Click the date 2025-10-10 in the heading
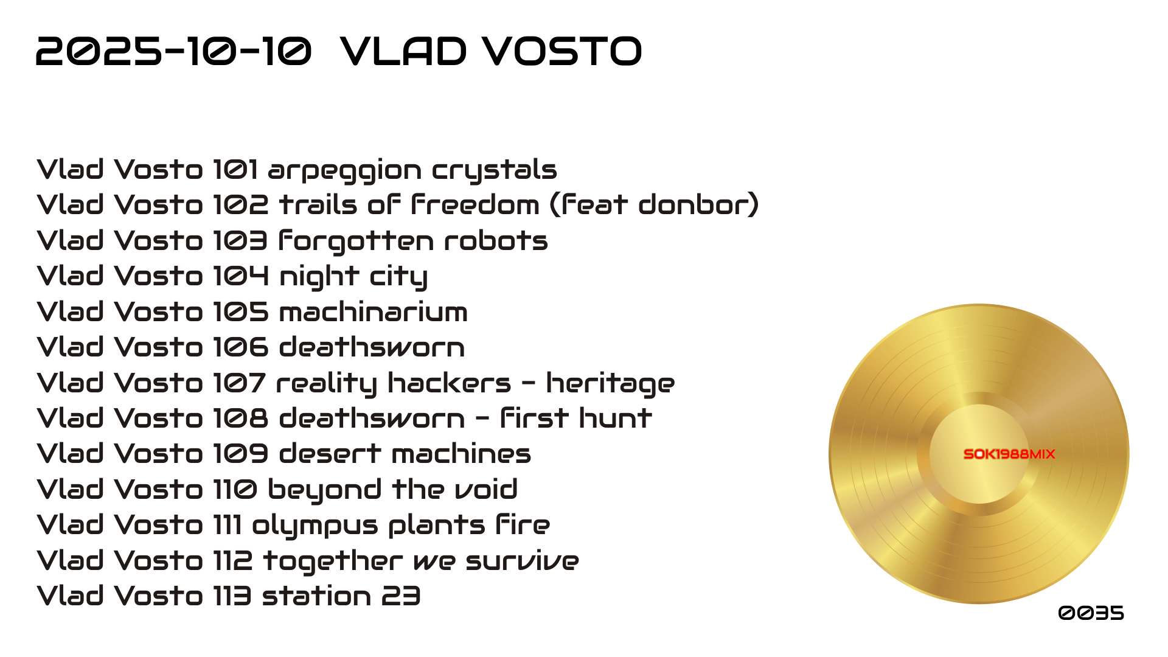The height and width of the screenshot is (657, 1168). coord(174,50)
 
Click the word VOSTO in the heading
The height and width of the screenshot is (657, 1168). coord(563,50)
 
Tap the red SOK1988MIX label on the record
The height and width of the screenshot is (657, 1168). coord(1009,454)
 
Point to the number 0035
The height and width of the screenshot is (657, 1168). coord(1091,613)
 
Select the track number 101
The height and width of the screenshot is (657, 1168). coord(235,169)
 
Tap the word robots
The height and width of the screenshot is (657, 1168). coord(496,241)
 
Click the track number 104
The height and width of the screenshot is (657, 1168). coord(241,276)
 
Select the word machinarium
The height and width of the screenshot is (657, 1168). coord(374,311)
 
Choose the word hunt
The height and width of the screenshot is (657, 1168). coord(615,418)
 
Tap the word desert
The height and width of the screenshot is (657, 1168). coord(330,453)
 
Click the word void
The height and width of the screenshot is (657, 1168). coord(487,488)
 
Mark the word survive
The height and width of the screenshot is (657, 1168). coord(523,560)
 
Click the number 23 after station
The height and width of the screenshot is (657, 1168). coord(401,596)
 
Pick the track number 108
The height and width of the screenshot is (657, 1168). coord(241,418)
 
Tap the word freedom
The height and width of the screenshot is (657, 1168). coord(475,204)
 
